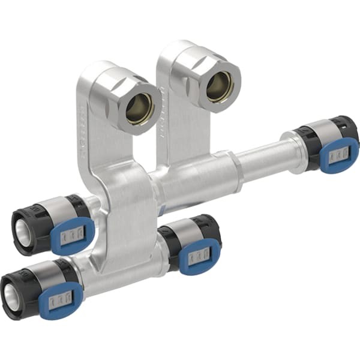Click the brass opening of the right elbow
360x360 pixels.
pyautogui.click(x=220, y=87)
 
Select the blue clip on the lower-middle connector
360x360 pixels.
pyautogui.click(x=200, y=256)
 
